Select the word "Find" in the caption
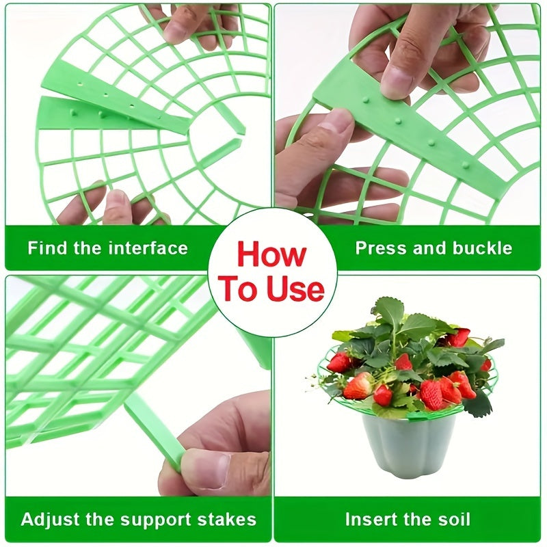47,248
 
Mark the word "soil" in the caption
453,519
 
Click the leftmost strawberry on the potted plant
339,362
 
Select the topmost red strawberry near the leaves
459,337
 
